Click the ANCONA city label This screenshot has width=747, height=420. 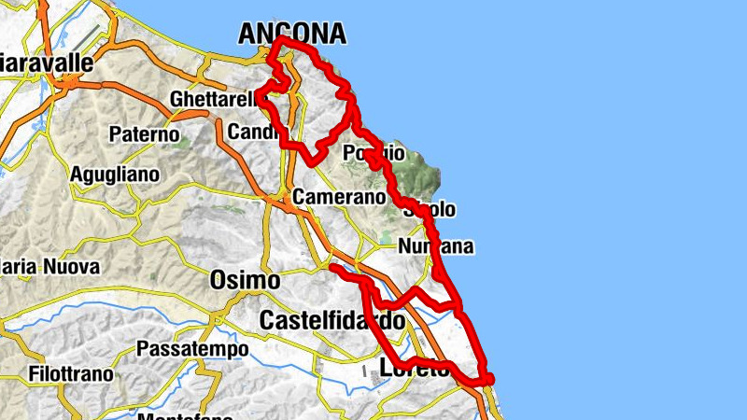pyautogui.click(x=292, y=35)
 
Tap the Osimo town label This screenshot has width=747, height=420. pyautogui.click(x=245, y=280)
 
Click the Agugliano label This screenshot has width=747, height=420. pyautogui.click(x=115, y=175)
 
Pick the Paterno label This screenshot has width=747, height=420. pyautogui.click(x=144, y=134)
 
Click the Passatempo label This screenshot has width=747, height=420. pyautogui.click(x=192, y=349)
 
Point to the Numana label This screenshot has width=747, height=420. pyautogui.click(x=436, y=247)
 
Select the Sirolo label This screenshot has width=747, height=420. pyautogui.click(x=429, y=210)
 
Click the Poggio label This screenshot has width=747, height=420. pyautogui.click(x=374, y=152)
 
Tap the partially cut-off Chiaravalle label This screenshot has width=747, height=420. pyautogui.click(x=47, y=63)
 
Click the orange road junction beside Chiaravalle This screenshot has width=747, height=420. pyautogui.click(x=67, y=83)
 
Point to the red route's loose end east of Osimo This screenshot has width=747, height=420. pyautogui.click(x=334, y=267)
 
